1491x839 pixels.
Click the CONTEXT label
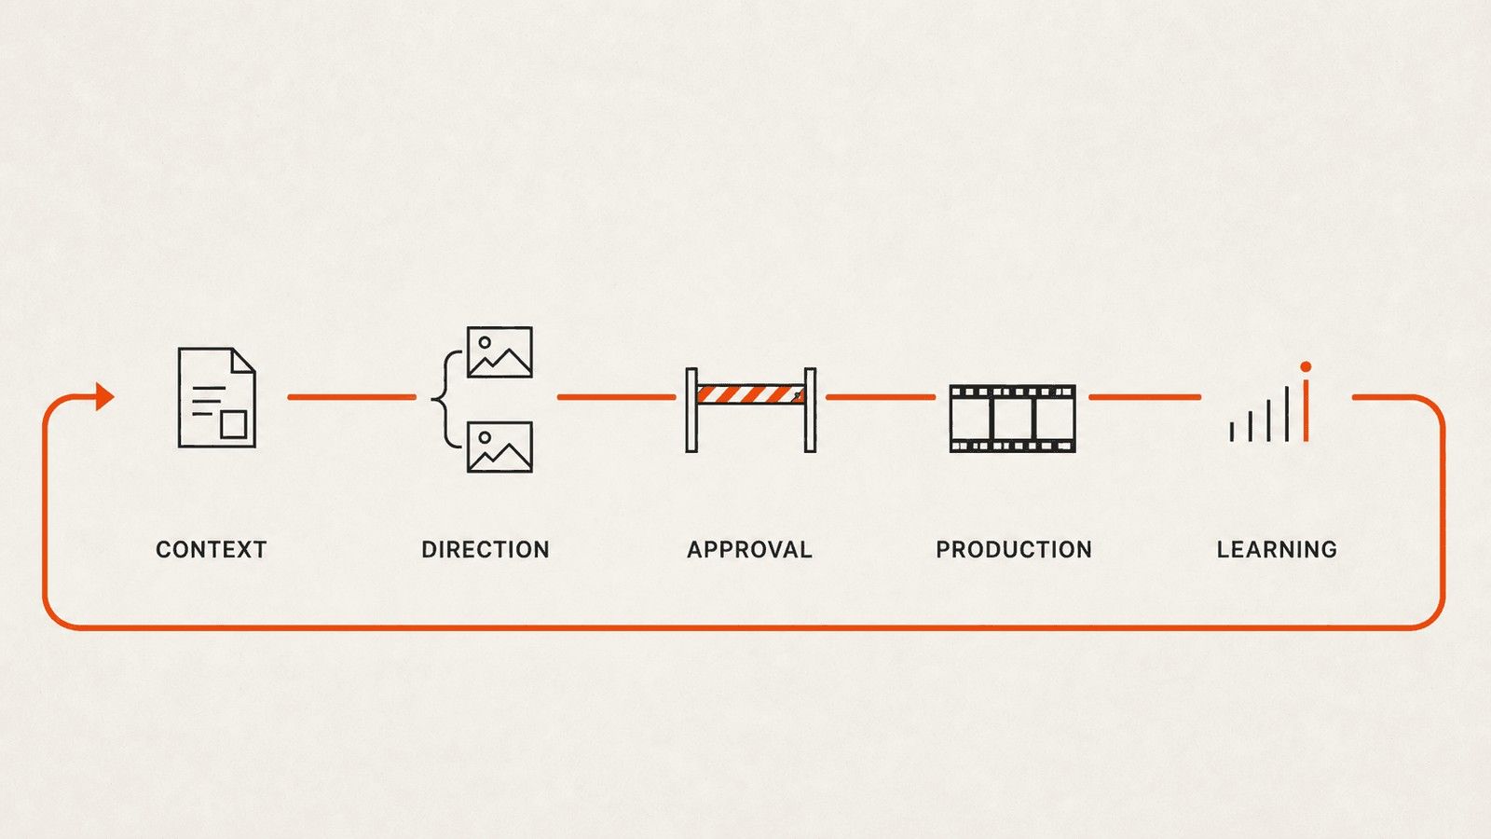211,549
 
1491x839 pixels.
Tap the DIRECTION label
486,549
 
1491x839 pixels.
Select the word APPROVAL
749,549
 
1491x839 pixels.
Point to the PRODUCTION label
1014,549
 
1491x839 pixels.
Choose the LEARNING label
1277,549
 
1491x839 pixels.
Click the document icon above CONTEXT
216,397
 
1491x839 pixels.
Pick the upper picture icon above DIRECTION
499,352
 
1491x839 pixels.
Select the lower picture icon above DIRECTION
499,447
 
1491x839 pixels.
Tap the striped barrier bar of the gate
751,394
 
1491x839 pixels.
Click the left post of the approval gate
691,410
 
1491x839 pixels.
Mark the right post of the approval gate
810,410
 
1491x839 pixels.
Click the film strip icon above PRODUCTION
1012,419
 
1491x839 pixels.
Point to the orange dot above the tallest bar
1306,367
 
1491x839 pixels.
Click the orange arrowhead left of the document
104,397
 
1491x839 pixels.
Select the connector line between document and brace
351,397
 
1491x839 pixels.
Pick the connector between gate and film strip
880,397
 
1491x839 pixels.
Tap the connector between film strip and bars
1145,397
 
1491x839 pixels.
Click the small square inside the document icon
234,424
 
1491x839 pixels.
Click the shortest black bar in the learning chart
1231,432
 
